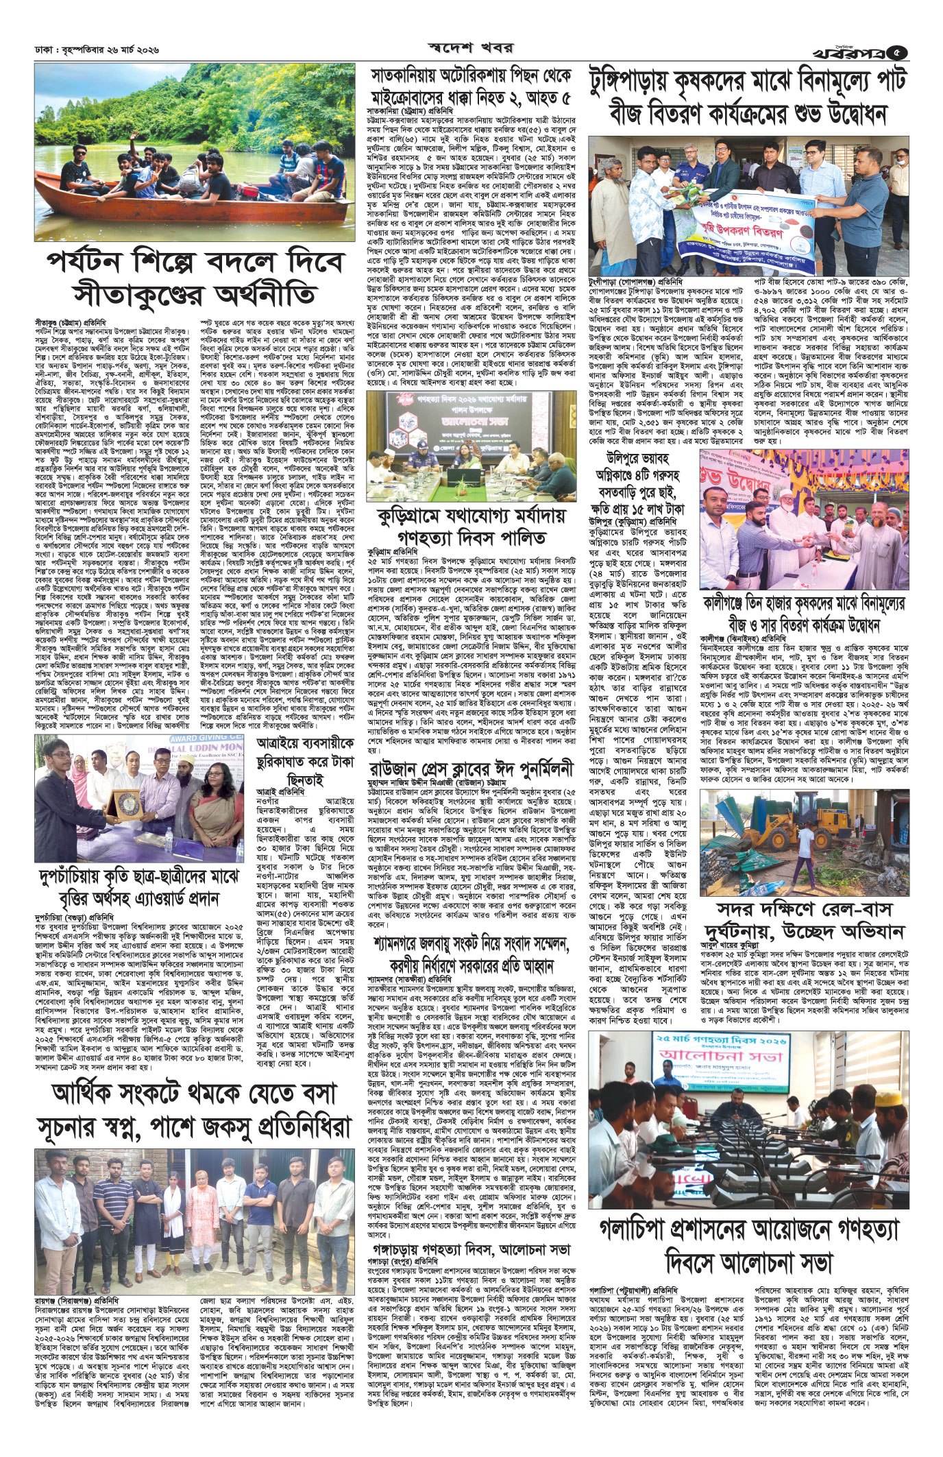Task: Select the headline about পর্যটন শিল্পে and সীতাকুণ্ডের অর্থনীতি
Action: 181,281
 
